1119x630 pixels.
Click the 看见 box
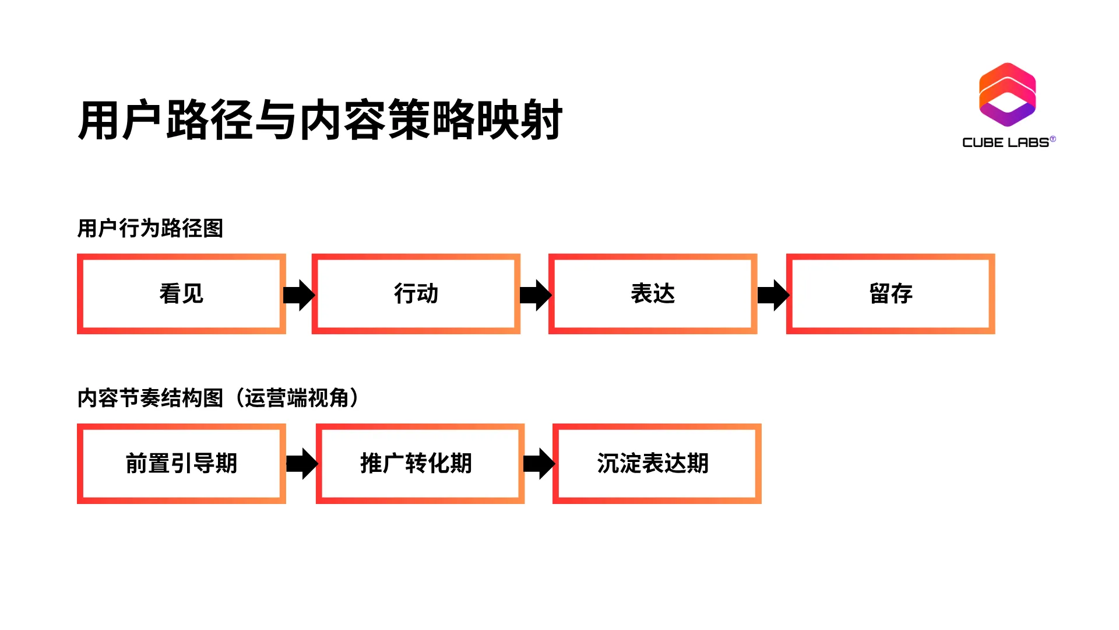click(181, 293)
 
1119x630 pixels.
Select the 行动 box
click(416, 293)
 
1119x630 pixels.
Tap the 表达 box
click(653, 293)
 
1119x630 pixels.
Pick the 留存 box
click(891, 293)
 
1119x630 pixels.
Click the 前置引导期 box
click(181, 464)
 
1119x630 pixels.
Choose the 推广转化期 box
click(420, 464)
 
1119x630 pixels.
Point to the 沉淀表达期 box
click(657, 464)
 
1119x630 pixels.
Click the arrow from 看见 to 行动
click(299, 295)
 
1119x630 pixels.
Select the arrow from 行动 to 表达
click(535, 295)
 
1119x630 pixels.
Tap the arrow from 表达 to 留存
click(773, 295)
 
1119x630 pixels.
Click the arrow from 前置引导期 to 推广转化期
click(302, 464)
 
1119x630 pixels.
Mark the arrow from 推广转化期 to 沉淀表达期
click(539, 464)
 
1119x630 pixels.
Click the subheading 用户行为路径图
click(150, 228)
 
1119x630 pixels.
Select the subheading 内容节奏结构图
click(150, 398)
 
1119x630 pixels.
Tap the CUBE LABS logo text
click(1007, 142)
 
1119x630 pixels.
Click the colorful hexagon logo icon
click(1007, 94)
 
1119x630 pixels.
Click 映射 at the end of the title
click(519, 120)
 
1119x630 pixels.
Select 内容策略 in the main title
click(387, 120)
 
